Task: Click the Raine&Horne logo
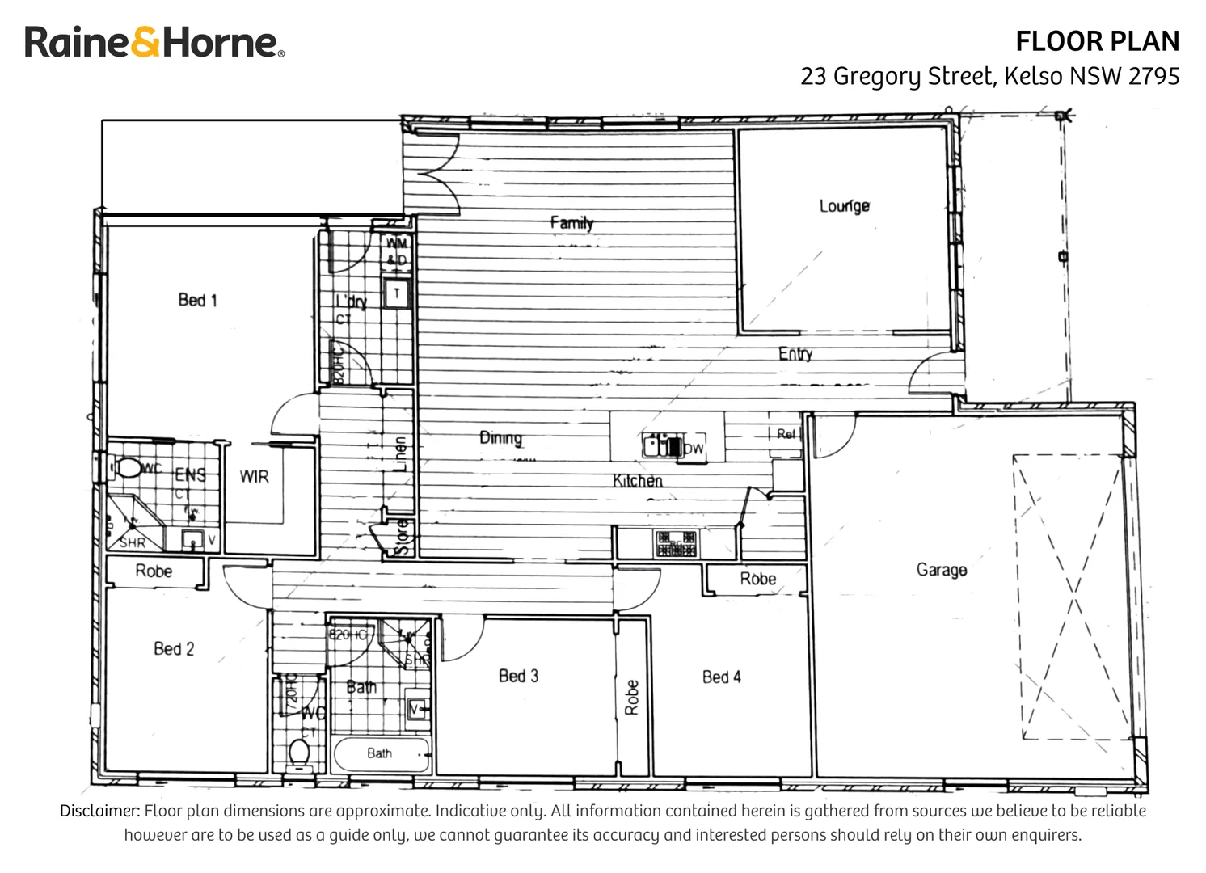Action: pos(154,42)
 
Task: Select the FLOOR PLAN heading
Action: pos(1097,41)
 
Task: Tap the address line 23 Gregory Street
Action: pos(989,76)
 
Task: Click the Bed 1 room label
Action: pos(197,300)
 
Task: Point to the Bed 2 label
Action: pos(174,648)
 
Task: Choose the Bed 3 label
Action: pos(518,676)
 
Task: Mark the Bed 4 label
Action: pos(721,677)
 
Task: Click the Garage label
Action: pos(941,570)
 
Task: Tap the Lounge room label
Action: pos(844,206)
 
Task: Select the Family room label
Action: pos(571,222)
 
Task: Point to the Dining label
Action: pos(500,437)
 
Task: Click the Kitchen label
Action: pos(637,481)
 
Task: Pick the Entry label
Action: pos(795,353)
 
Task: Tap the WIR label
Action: pos(254,477)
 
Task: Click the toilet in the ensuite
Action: pos(127,468)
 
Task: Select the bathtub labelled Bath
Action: pos(380,753)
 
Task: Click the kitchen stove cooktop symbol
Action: pos(676,543)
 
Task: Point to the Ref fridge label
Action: pos(786,434)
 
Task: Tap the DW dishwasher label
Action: pos(694,449)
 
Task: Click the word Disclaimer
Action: pos(99,811)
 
